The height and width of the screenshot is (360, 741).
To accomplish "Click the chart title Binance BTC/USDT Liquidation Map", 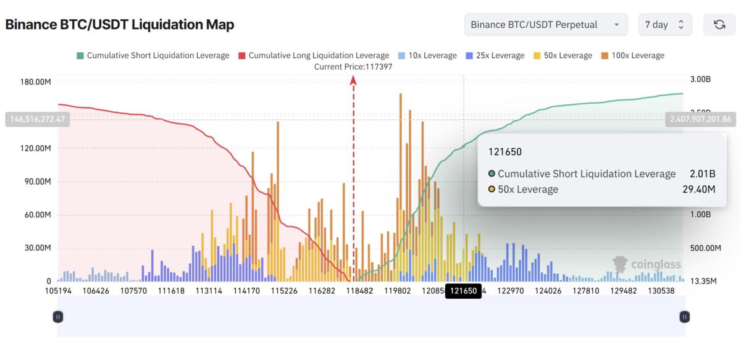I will pos(120,25).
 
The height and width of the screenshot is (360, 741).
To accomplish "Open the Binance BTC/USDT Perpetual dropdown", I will pos(545,25).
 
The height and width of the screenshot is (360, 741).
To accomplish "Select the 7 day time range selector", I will pos(664,25).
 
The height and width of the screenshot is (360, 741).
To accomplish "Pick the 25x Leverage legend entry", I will pos(496,56).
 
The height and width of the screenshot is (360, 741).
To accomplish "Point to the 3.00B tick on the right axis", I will pos(701,80).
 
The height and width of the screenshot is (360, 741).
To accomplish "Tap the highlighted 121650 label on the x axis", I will pos(463,291).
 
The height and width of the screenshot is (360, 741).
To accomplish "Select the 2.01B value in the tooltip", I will pos(702,174).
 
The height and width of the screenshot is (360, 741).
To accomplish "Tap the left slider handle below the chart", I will pos(57,317).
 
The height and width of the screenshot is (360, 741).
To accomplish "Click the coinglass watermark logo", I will pos(647,264).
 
